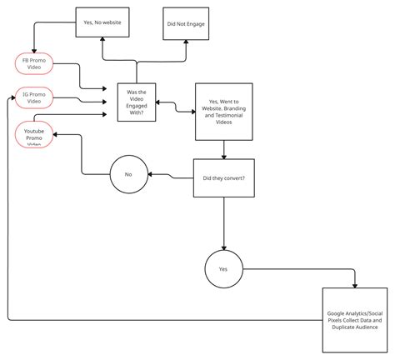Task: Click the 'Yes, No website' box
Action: pos(103,23)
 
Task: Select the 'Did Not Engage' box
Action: pos(184,23)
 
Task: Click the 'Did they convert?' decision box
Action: pos(223,177)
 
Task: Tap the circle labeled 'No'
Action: pos(127,175)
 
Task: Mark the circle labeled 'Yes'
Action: pos(222,269)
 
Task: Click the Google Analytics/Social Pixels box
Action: pos(357,318)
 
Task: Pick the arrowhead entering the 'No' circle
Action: pos(148,175)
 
